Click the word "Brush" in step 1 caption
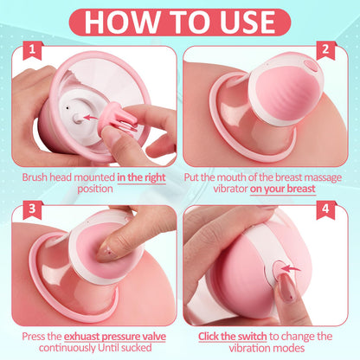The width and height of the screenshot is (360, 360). pyautogui.click(x=40, y=176)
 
